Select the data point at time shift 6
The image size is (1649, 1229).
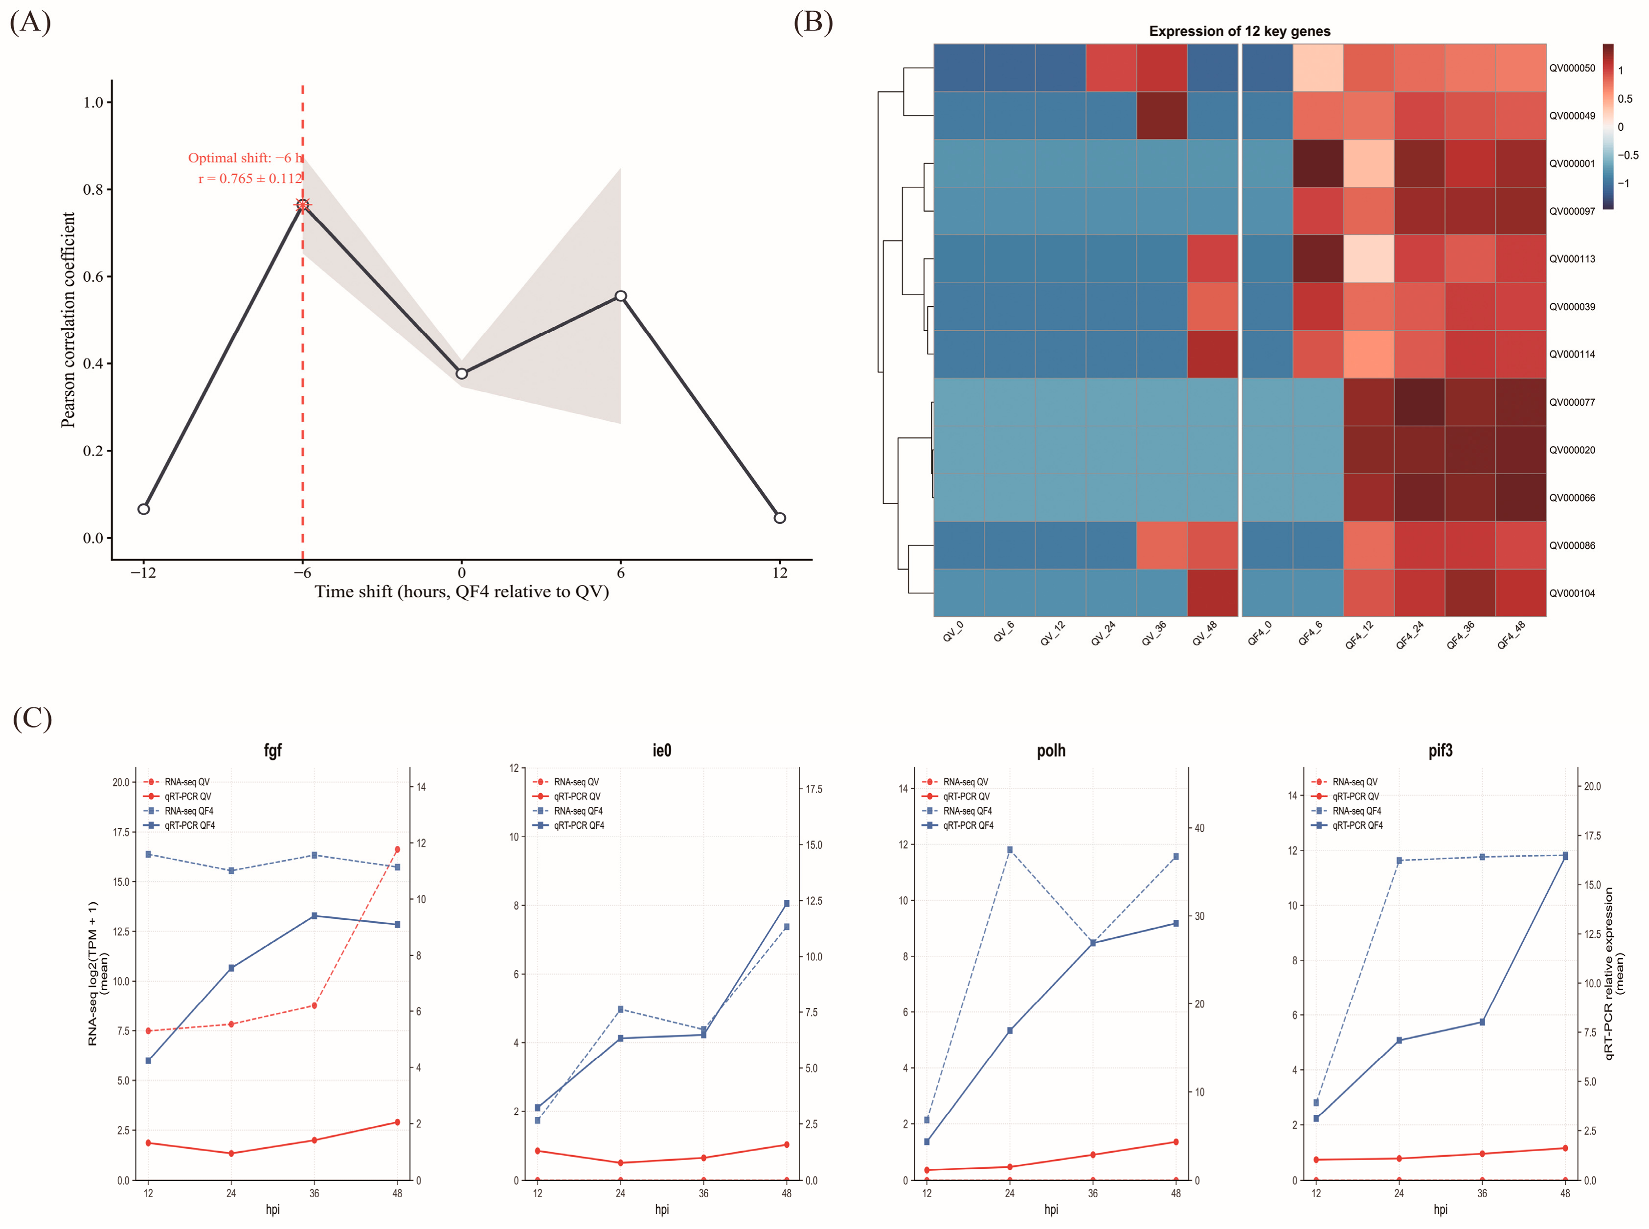point(620,296)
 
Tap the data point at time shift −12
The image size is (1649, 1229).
point(143,509)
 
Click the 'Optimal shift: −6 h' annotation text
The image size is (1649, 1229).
point(246,158)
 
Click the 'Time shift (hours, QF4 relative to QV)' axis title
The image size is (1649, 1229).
point(461,592)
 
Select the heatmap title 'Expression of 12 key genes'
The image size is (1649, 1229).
point(1239,31)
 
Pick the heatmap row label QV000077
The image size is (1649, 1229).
point(1572,403)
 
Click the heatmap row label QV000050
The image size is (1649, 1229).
point(1572,68)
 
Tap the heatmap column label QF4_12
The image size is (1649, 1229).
point(1360,635)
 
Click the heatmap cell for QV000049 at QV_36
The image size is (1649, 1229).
point(1161,115)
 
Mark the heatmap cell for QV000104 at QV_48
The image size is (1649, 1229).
point(1212,593)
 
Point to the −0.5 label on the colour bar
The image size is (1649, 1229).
point(1628,156)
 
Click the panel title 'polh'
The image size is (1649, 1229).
point(1050,751)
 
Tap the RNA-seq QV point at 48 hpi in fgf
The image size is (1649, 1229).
point(397,850)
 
